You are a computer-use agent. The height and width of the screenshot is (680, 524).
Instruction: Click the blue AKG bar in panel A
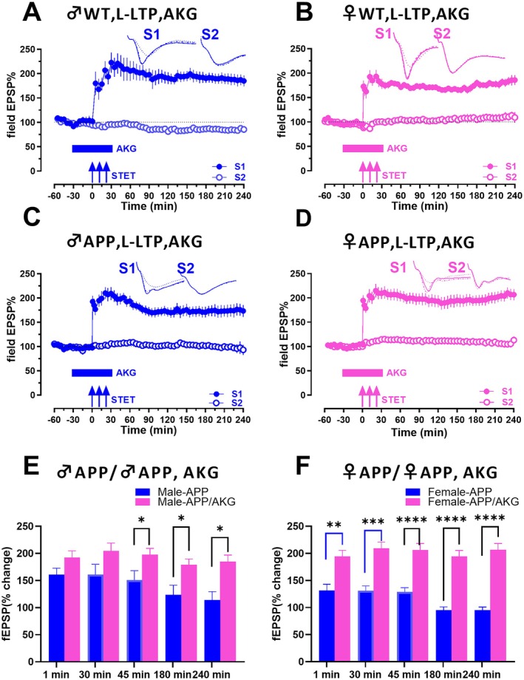92,149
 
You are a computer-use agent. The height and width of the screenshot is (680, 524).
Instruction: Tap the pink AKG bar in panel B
363,149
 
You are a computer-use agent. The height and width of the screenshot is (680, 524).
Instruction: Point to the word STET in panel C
123,399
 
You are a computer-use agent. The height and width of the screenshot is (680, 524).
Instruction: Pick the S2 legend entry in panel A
228,177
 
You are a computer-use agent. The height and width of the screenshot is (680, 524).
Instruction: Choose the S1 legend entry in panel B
500,166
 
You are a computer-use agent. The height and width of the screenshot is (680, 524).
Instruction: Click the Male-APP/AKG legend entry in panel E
186,502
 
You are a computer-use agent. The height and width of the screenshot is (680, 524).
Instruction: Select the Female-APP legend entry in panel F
449,492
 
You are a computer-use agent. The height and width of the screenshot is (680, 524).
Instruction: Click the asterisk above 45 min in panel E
141,520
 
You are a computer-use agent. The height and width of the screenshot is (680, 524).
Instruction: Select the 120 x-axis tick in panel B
438,196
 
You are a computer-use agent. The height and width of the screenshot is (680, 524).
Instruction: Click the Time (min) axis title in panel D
419,432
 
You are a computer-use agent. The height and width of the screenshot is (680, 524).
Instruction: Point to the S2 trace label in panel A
210,34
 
